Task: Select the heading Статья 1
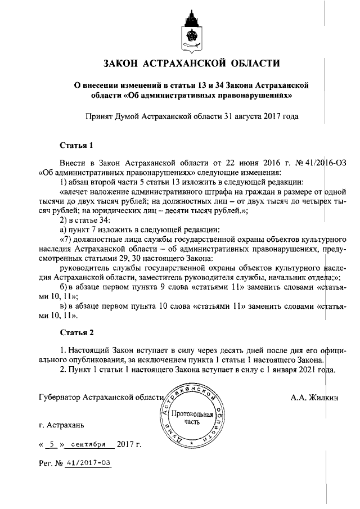[x=76, y=146]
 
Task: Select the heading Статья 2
[x=76, y=332]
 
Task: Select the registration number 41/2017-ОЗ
[x=88, y=463]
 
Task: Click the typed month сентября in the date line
[x=88, y=445]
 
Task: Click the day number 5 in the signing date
[x=52, y=445]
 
